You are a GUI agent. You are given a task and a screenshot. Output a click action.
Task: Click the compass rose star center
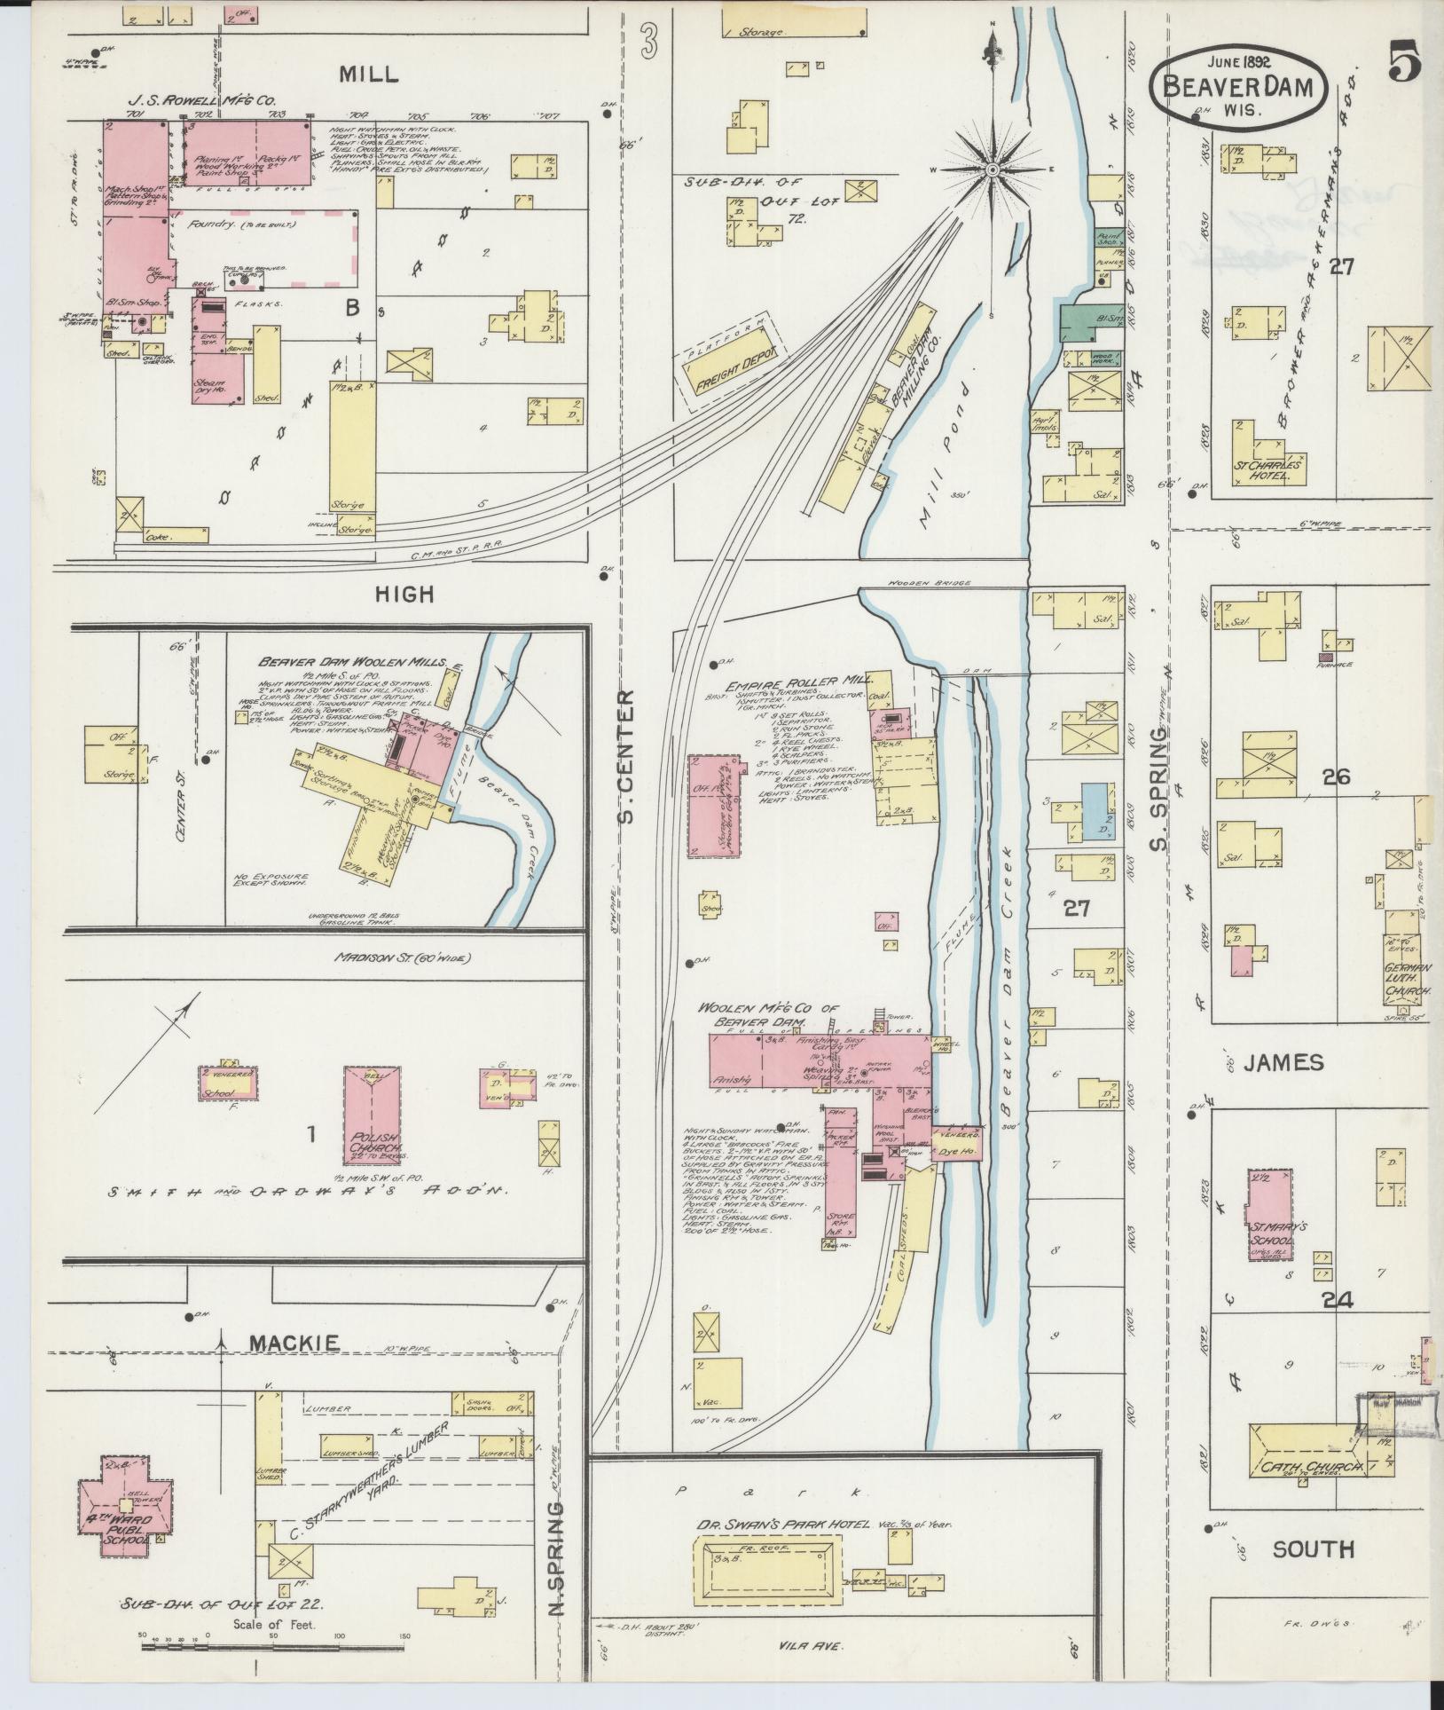click(992, 169)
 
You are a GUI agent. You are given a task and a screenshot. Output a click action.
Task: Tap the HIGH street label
click(404, 595)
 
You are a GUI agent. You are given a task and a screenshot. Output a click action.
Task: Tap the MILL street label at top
click(367, 74)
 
